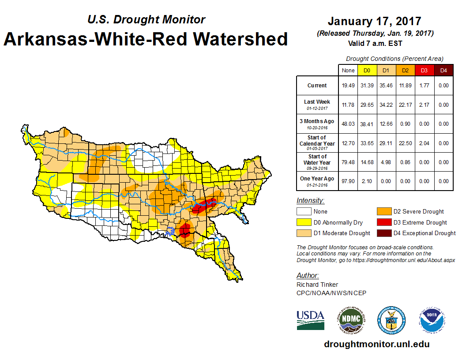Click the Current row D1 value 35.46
(x=386, y=86)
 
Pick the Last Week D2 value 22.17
(x=405, y=105)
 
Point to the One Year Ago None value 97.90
(x=348, y=181)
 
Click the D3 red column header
(x=424, y=70)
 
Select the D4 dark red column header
(x=443, y=70)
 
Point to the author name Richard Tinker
(x=317, y=285)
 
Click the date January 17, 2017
(x=375, y=21)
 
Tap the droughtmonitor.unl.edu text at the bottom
(x=376, y=344)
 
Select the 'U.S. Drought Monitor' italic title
(x=146, y=20)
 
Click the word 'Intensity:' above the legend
(x=310, y=201)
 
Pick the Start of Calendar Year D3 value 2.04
(x=424, y=143)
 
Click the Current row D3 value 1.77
(x=424, y=86)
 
